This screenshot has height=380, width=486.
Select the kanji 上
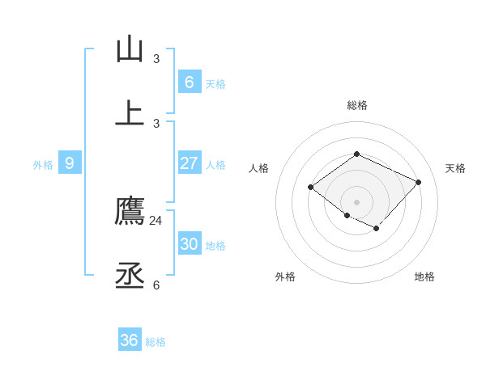tap(130, 114)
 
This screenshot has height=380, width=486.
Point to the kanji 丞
tap(130, 276)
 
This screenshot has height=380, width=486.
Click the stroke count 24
tap(156, 220)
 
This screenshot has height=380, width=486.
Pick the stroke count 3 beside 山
tap(156, 58)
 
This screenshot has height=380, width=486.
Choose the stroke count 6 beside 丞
tap(156, 285)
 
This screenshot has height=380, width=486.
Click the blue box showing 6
tap(189, 82)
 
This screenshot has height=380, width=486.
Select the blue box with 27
tap(189, 163)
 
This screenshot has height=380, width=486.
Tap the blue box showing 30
tap(189, 244)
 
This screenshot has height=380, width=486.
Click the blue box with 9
tap(70, 163)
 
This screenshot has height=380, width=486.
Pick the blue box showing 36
tap(130, 340)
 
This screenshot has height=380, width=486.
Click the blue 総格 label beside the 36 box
tap(156, 342)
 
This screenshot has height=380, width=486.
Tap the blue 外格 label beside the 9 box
tap(43, 165)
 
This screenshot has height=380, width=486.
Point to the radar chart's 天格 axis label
tap(455, 168)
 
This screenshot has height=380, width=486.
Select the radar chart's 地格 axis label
tap(424, 277)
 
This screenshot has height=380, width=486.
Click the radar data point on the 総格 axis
tap(356, 154)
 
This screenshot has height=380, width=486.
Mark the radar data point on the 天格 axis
tap(418, 182)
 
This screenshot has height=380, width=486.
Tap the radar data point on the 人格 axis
tap(311, 188)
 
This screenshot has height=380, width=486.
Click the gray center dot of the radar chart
tap(356, 202)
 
